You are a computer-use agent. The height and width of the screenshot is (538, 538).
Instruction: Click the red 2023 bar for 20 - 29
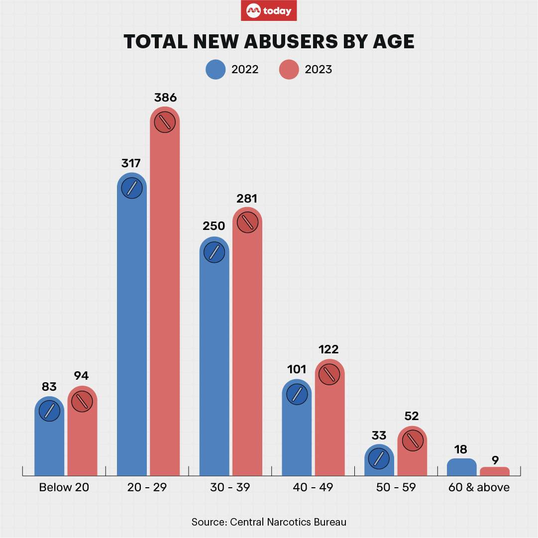165,299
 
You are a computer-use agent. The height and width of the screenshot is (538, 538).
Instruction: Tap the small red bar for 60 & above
494,471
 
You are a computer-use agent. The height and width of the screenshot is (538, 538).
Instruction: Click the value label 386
165,97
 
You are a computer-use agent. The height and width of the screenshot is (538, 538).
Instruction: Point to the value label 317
131,163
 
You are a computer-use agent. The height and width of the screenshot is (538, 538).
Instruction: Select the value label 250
214,226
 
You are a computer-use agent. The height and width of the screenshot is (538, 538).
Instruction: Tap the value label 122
329,349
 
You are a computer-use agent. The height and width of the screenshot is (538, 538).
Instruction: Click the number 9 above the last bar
494,460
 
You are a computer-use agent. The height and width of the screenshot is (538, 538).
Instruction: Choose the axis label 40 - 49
313,487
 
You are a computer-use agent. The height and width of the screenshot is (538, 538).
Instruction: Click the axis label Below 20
64,487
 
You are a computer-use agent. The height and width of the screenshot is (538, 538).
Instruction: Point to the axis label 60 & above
479,487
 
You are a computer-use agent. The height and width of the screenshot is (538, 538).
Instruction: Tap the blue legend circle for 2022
216,70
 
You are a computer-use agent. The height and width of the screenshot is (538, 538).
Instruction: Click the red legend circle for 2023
289,70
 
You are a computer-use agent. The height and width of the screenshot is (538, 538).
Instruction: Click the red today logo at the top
269,10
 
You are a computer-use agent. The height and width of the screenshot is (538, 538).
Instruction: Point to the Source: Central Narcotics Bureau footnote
269,522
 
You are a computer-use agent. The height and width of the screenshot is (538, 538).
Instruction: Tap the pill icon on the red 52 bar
413,440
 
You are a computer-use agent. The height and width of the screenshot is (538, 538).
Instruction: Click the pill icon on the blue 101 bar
297,394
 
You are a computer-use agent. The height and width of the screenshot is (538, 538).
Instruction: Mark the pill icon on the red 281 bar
247,222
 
